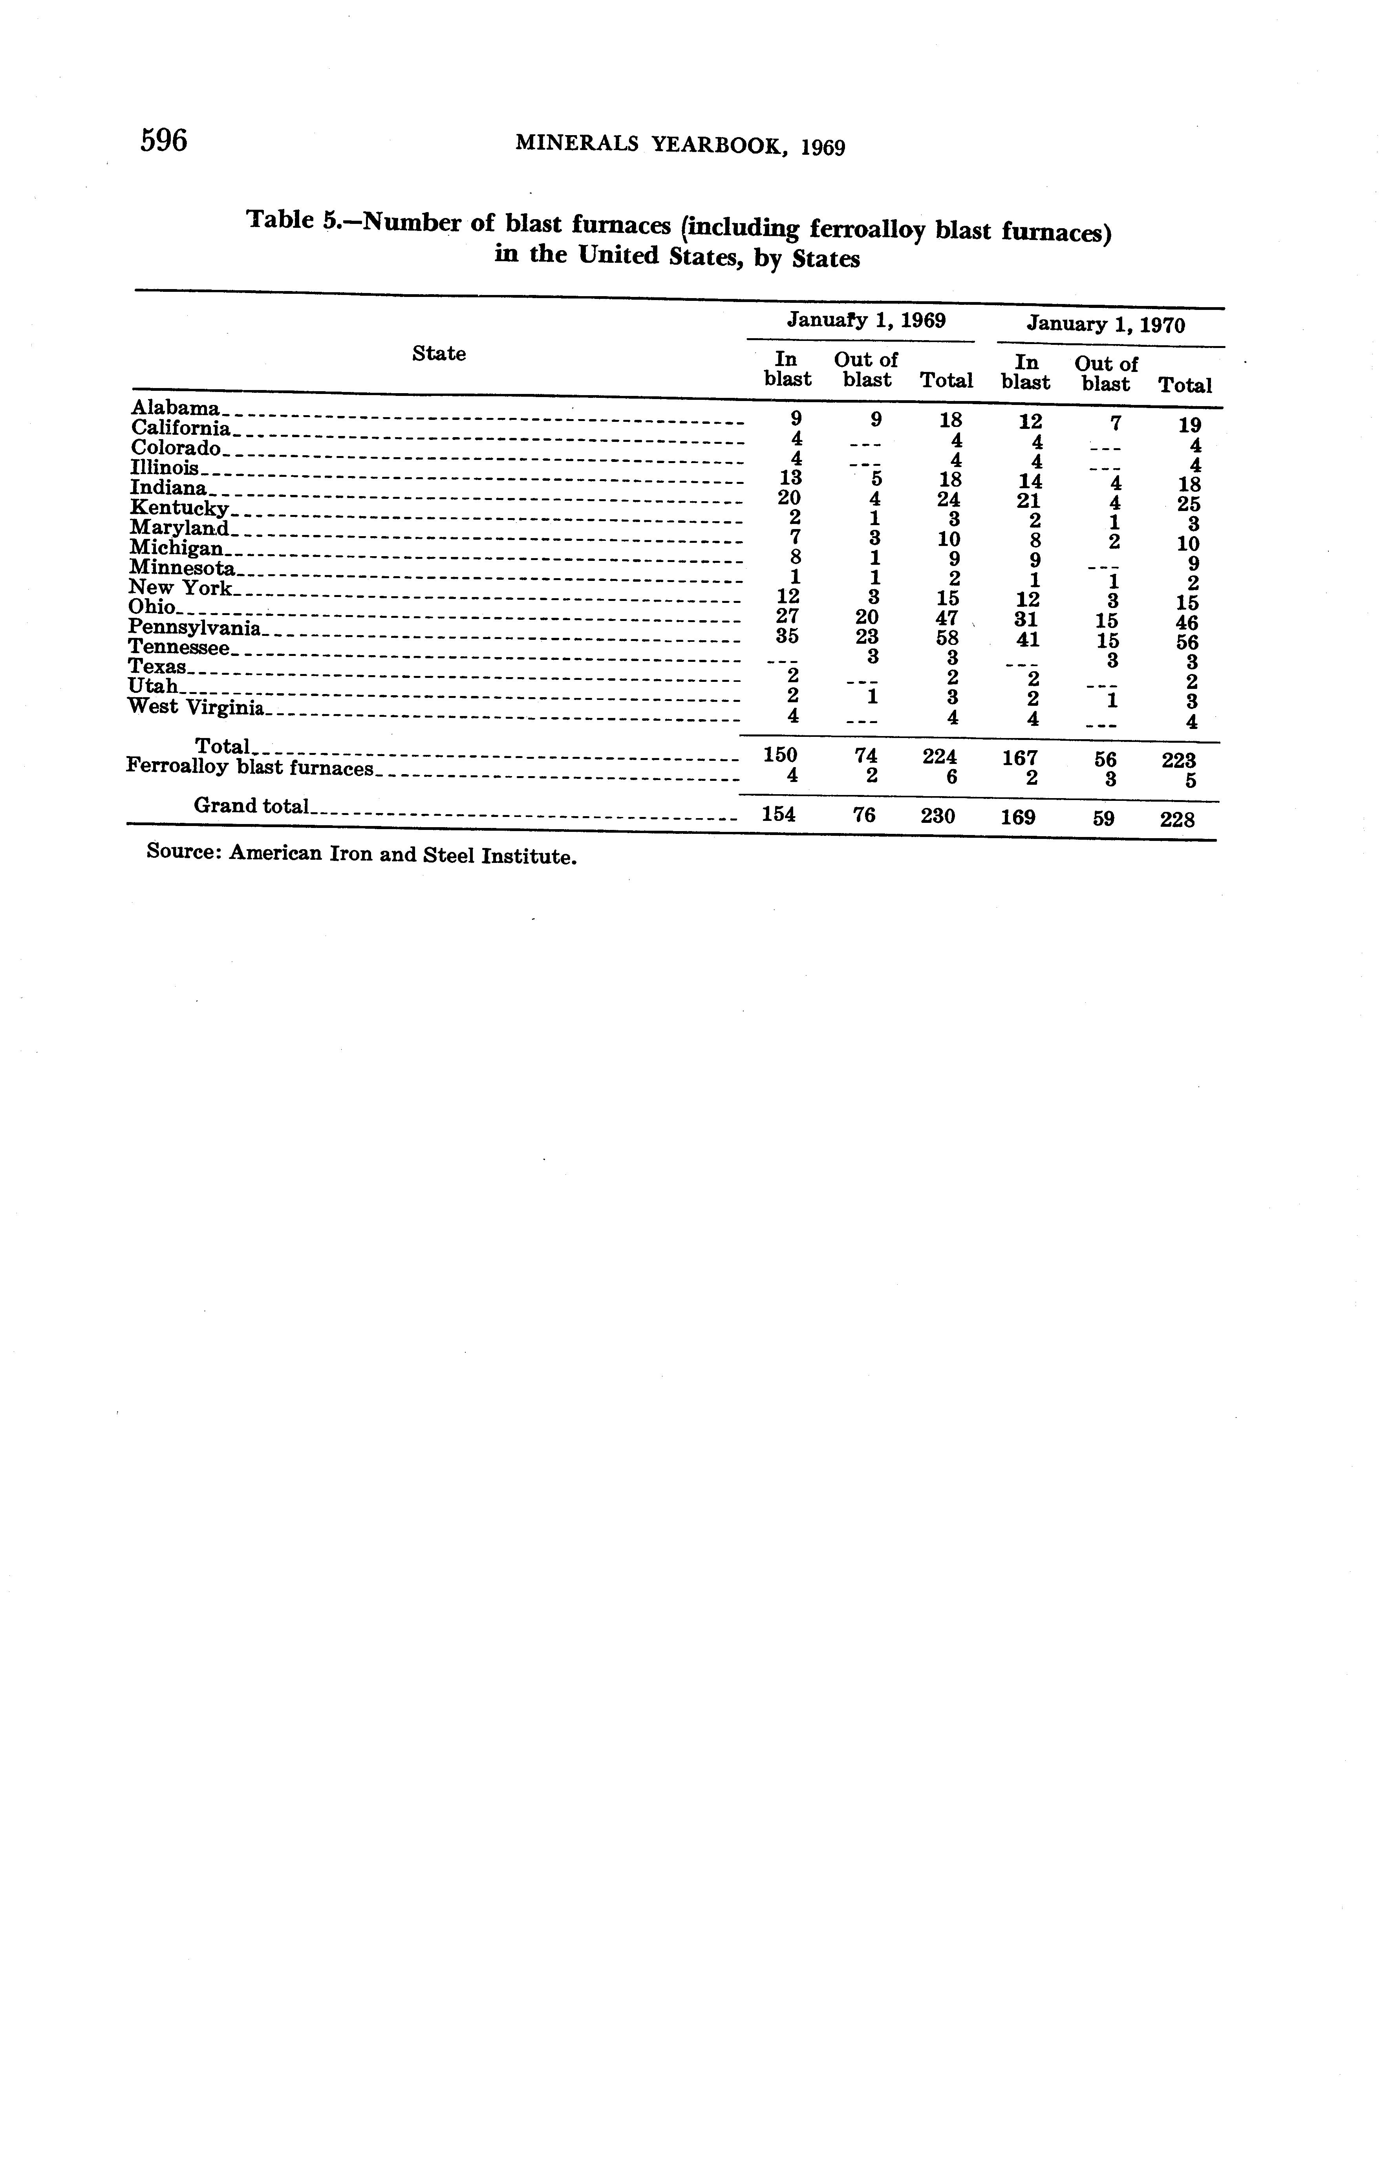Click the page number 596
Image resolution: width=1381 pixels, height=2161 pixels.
163,141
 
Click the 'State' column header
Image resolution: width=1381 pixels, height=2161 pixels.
439,353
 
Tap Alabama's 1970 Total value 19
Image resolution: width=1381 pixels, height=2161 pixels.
1189,425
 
